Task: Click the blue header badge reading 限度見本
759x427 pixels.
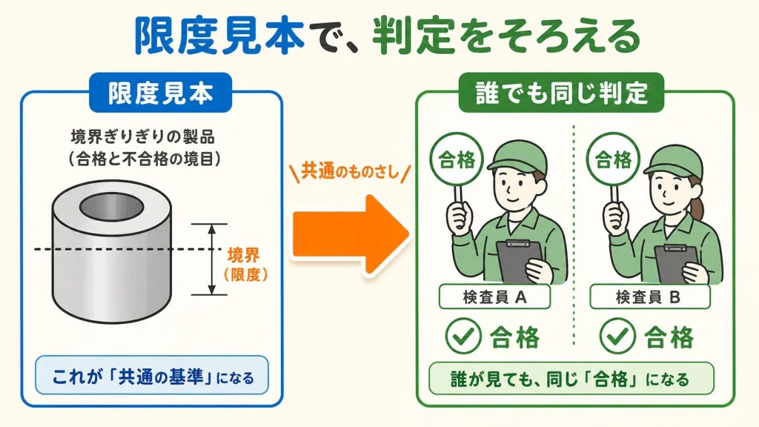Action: [x=160, y=93]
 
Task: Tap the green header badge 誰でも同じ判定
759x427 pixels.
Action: [x=561, y=93]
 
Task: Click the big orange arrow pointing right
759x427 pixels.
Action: [x=351, y=234]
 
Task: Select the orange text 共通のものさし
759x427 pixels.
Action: [x=350, y=171]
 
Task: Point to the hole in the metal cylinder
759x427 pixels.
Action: [x=112, y=208]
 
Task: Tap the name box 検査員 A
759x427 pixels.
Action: [x=494, y=297]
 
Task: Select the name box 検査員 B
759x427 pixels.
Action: [x=649, y=297]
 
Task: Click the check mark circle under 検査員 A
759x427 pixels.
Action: [x=463, y=336]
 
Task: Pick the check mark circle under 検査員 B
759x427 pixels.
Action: [x=617, y=336]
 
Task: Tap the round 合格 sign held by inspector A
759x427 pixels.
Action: [x=457, y=159]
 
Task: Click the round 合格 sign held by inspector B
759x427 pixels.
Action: [x=613, y=159]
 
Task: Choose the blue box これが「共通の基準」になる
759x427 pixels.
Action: [x=152, y=376]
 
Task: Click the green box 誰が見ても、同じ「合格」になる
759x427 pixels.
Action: [x=571, y=378]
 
